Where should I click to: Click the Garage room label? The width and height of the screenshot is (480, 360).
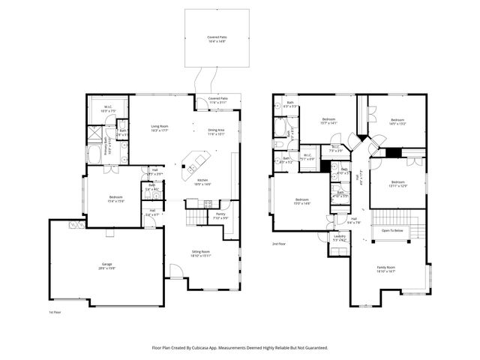click(106, 266)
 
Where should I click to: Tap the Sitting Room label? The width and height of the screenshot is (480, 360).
click(201, 253)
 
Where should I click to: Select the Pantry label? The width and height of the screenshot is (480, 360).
click(220, 216)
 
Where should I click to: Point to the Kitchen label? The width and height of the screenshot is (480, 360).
click(202, 181)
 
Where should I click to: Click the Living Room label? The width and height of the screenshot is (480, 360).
click(159, 127)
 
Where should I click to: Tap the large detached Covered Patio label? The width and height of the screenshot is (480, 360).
click(218, 38)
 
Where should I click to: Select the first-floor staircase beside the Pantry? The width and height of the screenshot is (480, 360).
click(197, 216)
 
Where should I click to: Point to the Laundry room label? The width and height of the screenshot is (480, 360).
click(340, 238)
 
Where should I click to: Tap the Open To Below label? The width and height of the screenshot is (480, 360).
click(392, 230)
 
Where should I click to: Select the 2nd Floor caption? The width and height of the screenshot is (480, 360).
click(279, 244)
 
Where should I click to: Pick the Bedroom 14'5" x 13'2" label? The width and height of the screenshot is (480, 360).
click(397, 121)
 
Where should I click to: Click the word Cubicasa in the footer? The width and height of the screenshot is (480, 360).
click(215, 347)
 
